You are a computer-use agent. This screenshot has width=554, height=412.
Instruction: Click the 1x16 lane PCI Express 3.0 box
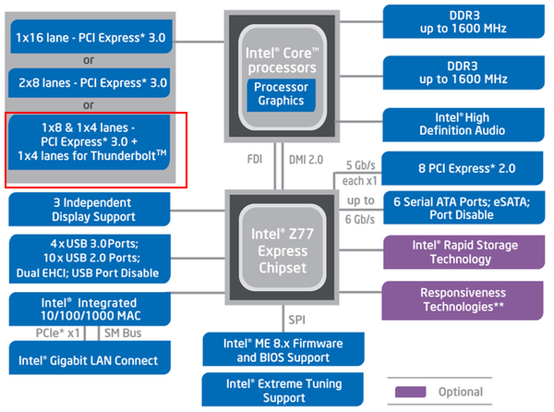pos(90,38)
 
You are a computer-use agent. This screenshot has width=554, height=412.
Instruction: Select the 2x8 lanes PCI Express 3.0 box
pos(90,82)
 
